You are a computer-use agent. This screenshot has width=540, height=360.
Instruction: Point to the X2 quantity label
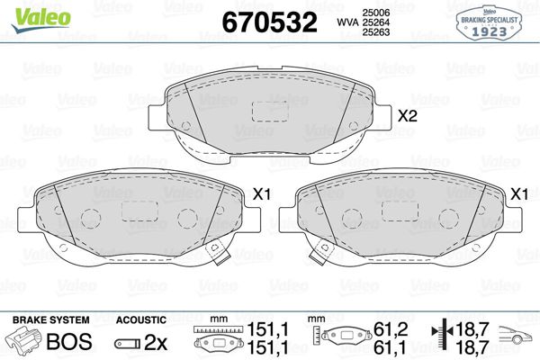tap(409, 116)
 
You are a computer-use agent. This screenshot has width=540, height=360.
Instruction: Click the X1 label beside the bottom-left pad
tap(263, 193)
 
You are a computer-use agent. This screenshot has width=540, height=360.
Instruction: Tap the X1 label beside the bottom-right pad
tap(518, 193)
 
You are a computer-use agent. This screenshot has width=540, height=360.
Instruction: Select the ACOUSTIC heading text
tap(141, 319)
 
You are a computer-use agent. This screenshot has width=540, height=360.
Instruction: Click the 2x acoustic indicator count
tap(155, 342)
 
